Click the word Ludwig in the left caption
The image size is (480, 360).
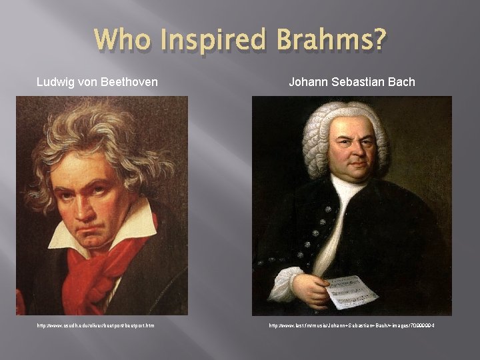point(53,82)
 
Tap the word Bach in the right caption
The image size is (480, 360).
point(401,82)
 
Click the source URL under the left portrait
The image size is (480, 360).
point(95,325)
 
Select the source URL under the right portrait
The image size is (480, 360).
point(351,325)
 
